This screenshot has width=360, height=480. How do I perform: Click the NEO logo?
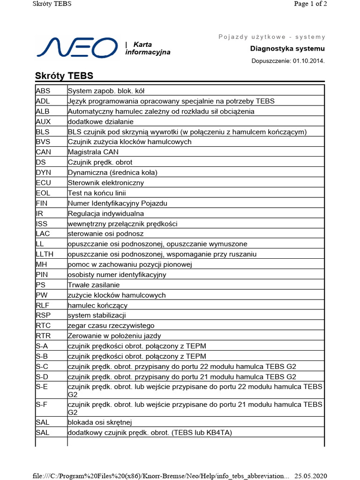pos(77,48)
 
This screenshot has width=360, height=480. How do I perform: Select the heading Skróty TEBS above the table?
pos(64,76)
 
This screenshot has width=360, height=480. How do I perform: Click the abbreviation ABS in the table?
pos(43,91)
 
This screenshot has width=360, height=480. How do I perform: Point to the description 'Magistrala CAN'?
pos(93,152)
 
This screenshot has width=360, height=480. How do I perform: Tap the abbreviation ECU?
pos(44,183)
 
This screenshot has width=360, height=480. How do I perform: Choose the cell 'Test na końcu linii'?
pos(97,193)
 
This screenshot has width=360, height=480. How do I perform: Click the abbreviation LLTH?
pos(45,254)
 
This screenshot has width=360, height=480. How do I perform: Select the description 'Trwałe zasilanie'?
pos(94,285)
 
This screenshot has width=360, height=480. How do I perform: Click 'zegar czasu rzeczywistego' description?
pos(111,326)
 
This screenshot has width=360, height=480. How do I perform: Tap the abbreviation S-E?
pos(42,387)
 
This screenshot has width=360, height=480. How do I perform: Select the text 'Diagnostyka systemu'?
pos(287,49)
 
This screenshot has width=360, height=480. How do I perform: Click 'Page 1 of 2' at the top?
pos(310,4)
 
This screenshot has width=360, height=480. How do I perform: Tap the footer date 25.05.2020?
pos(310,476)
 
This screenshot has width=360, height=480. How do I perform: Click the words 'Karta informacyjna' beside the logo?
pos(147,48)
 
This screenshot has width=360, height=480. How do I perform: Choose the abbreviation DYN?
pos(43,172)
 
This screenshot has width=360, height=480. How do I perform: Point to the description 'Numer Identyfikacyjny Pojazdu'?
pos(118,203)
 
